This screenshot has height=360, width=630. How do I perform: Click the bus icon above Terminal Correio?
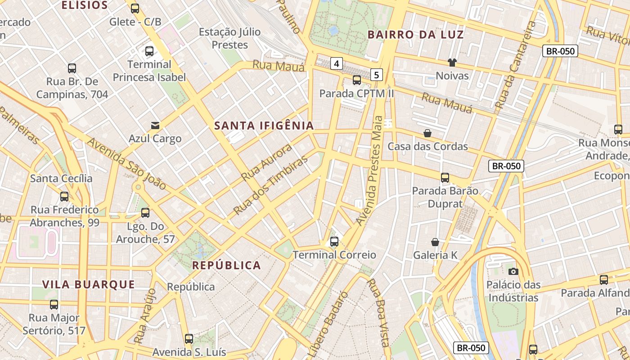(x=334, y=242)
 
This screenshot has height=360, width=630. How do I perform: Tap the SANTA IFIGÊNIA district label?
(x=264, y=126)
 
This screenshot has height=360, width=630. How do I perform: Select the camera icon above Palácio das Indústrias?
(x=513, y=271)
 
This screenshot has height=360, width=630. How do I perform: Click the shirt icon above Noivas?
(x=452, y=63)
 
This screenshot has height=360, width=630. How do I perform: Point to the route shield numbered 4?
(x=337, y=63)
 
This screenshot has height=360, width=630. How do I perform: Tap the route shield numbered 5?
(x=377, y=74)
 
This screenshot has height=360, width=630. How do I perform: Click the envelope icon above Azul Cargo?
(x=155, y=125)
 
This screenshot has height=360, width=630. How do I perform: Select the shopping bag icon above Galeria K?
(x=435, y=242)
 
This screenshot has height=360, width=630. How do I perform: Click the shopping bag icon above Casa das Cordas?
(x=427, y=133)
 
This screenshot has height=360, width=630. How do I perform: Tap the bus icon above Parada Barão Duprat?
(x=445, y=178)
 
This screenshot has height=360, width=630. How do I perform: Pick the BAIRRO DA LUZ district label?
(x=415, y=35)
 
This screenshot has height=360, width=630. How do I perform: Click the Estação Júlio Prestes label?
(x=229, y=38)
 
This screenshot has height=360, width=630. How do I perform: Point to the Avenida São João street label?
(x=126, y=163)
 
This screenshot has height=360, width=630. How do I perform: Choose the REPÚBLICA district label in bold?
(x=226, y=265)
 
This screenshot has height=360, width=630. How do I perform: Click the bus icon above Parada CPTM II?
(x=357, y=80)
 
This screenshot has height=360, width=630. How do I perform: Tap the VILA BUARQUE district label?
(x=89, y=284)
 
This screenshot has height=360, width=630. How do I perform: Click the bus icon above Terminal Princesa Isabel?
(x=149, y=51)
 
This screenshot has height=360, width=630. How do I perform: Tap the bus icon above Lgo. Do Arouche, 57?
(x=145, y=213)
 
